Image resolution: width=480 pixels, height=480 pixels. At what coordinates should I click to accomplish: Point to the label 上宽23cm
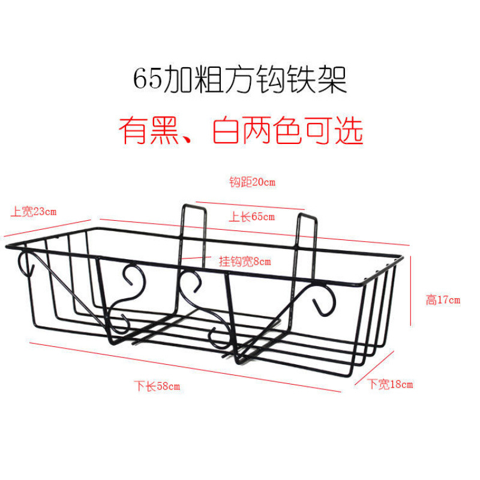[33, 211]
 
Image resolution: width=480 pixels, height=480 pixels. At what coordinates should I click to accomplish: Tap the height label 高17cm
[443, 300]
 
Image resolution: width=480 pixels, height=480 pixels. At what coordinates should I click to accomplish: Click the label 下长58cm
[157, 386]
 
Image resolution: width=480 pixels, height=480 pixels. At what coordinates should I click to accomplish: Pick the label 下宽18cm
[390, 385]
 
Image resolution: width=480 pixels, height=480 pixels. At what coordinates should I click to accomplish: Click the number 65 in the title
[148, 79]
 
